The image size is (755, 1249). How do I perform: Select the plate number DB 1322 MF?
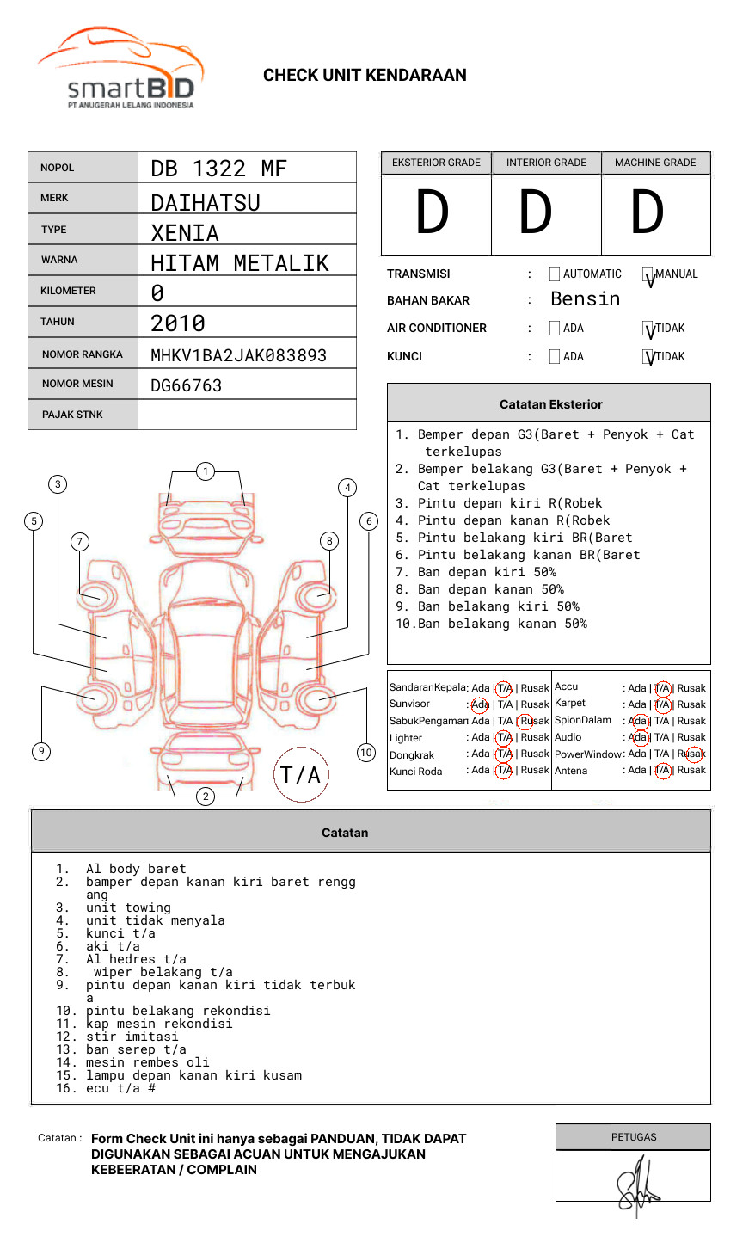(x=218, y=169)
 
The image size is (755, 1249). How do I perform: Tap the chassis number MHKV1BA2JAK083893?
(x=238, y=355)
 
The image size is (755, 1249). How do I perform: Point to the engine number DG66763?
(x=186, y=385)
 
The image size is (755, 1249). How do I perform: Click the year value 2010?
(x=178, y=323)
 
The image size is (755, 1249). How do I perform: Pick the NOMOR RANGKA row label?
(x=83, y=354)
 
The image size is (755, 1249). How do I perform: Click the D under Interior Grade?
(x=536, y=213)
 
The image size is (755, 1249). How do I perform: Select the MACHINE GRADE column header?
(x=655, y=163)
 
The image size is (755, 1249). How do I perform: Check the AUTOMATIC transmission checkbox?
(x=555, y=274)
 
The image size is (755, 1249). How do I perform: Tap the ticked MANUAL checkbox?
(x=648, y=275)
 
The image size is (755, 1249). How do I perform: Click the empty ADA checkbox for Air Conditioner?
(x=555, y=329)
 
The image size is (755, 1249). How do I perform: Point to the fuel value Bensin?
(x=585, y=299)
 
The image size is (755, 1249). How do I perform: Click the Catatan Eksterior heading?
(x=550, y=404)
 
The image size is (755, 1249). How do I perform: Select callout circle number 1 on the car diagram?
(x=205, y=471)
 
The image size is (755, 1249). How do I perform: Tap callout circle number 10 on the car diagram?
(x=366, y=753)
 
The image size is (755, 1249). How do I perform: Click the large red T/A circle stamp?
(x=301, y=775)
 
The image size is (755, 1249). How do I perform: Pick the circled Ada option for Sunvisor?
(x=480, y=704)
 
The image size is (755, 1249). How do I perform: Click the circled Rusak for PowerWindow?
(x=693, y=754)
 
